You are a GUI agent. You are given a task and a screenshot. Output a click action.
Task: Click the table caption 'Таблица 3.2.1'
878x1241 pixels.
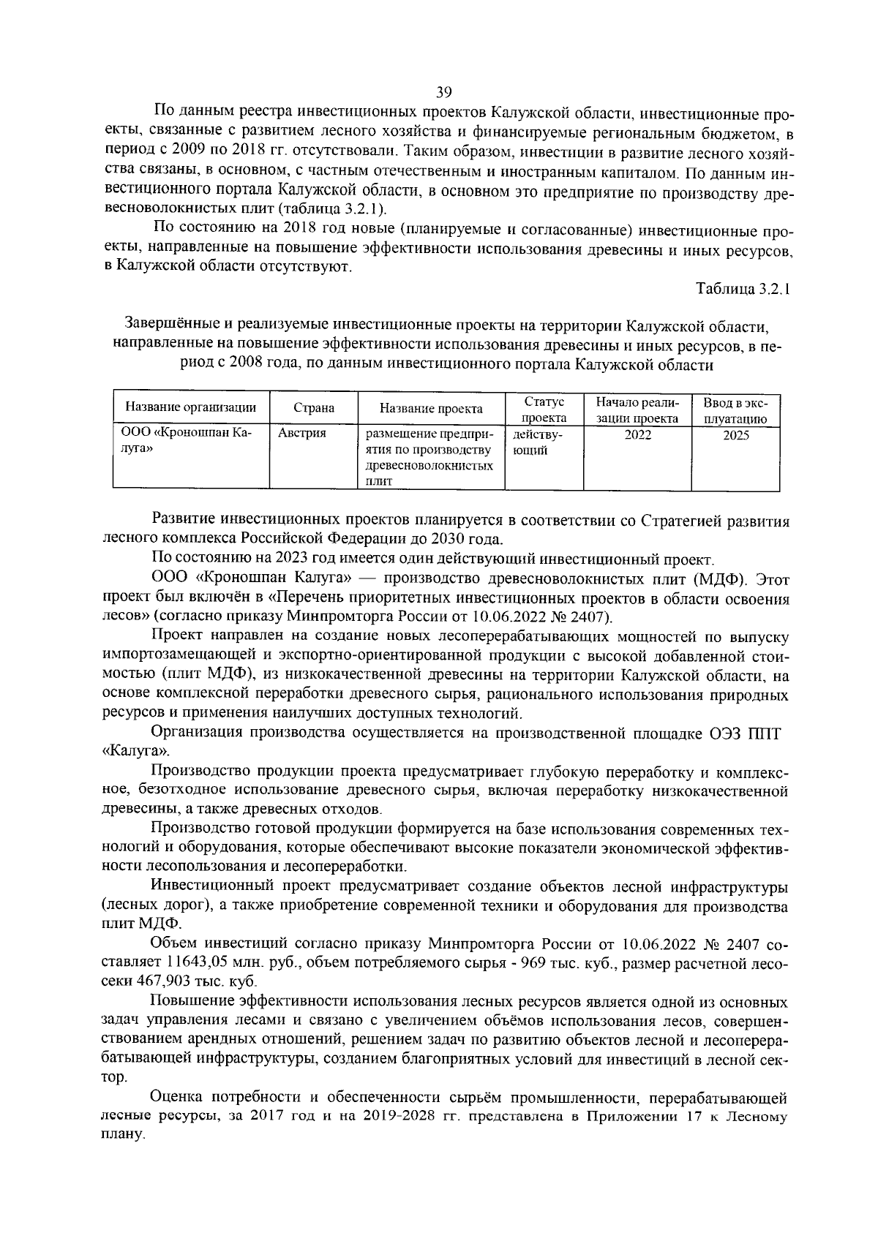pos(743,289)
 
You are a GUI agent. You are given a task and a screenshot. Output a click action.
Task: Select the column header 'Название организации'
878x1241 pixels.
pos(190,408)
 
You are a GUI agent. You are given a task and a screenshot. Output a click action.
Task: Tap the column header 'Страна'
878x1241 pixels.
pos(313,409)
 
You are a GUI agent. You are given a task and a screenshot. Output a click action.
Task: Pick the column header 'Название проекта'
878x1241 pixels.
pos(431,409)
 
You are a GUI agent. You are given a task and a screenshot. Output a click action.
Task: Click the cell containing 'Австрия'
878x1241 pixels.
pos(301,434)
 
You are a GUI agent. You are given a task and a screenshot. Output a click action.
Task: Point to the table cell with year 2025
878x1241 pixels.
pos(735,435)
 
